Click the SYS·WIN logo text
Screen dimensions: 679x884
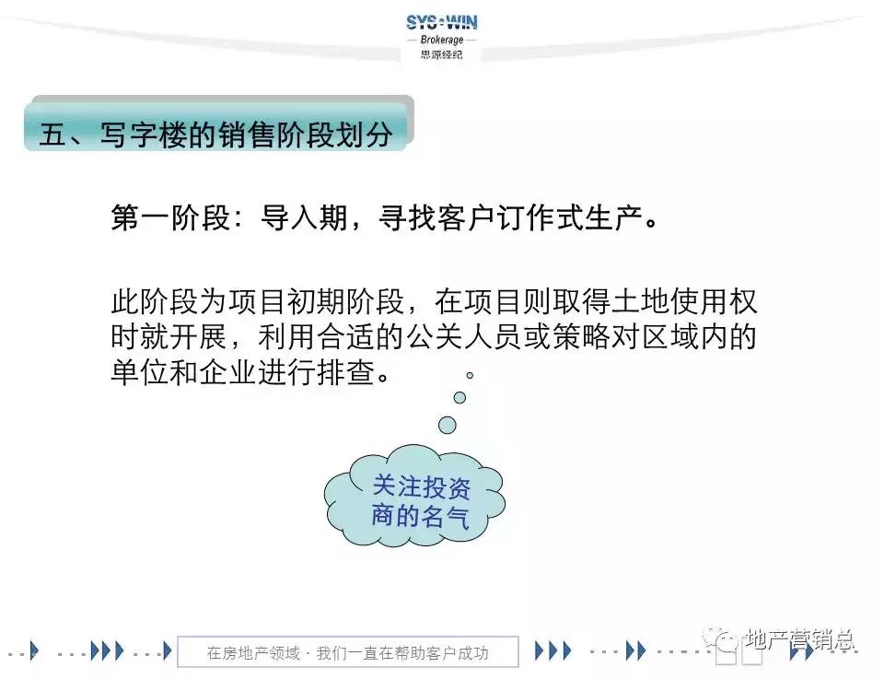(x=442, y=22)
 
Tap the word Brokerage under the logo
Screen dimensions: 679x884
(x=442, y=41)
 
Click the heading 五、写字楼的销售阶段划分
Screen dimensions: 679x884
(x=216, y=135)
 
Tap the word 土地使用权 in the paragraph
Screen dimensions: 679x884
(x=680, y=302)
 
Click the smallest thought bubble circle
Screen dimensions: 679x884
(x=470, y=375)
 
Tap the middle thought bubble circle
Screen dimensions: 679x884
(x=459, y=397)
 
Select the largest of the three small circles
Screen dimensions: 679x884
(x=448, y=424)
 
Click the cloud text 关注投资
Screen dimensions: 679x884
(x=421, y=486)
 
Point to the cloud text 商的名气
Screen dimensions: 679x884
(x=421, y=516)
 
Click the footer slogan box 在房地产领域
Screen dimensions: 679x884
(x=347, y=653)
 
